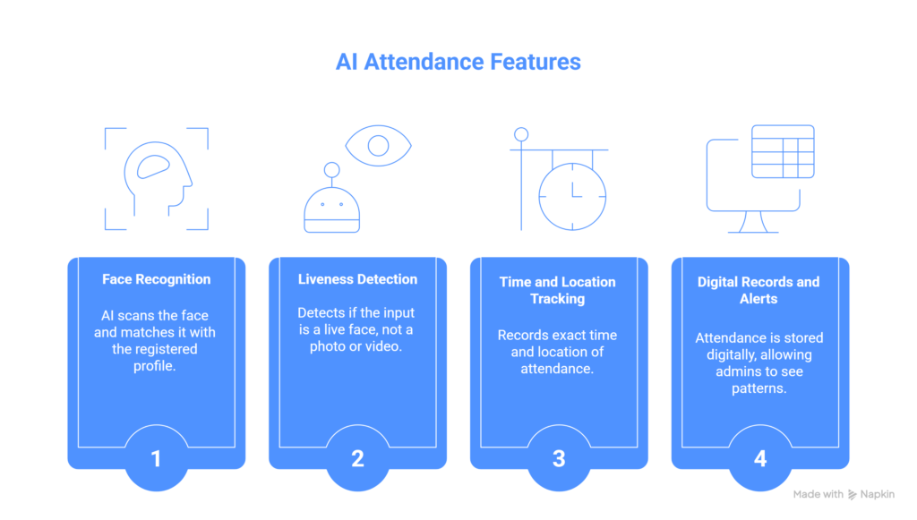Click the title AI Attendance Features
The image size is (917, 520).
458,62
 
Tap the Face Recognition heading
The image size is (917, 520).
156,279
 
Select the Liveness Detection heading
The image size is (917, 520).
357,279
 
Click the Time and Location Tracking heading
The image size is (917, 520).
557,290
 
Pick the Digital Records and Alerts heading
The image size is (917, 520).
758,290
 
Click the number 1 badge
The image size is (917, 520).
156,459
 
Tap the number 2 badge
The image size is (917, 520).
357,459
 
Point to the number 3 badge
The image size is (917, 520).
559,459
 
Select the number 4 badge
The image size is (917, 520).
760,459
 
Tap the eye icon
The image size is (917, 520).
378,145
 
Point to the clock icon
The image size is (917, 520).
572,196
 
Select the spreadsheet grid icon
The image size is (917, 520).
782,151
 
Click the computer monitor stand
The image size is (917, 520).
752,222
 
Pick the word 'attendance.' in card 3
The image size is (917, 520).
557,368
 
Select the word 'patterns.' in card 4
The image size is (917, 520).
758,389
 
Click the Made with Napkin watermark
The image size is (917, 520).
844,494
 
